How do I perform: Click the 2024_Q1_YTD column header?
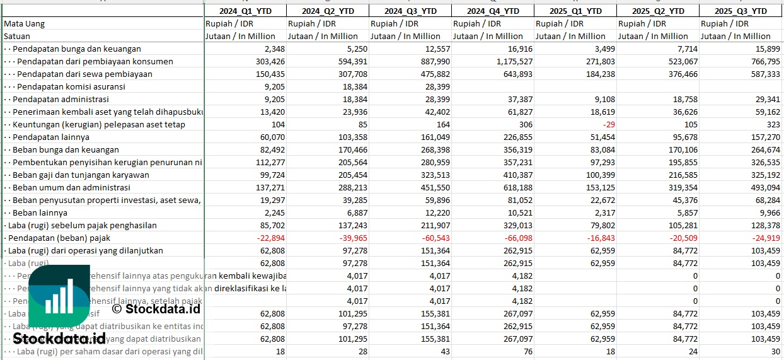pos(245,11)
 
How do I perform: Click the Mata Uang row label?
pos(24,23)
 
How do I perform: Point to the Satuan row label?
pos(16,36)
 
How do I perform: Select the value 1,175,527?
pos(508,61)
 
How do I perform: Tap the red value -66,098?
pos(516,238)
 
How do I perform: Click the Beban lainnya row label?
pos(39,212)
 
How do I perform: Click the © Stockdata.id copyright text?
pos(156,309)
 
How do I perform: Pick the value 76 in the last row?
pos(527,351)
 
